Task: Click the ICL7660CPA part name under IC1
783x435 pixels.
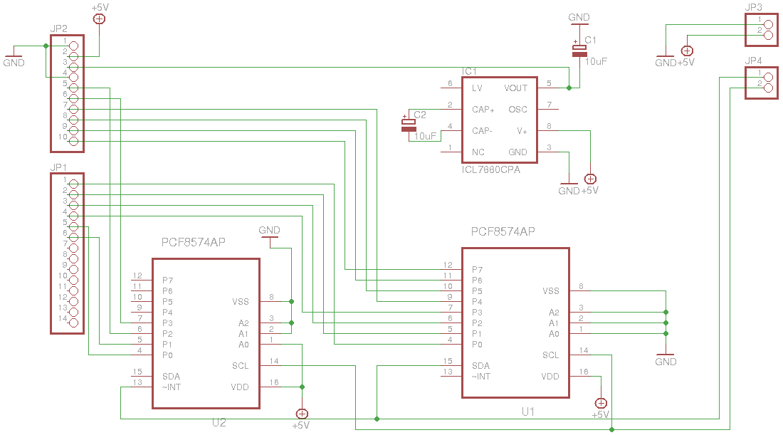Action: [x=491, y=170]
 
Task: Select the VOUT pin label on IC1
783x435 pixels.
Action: [x=515, y=88]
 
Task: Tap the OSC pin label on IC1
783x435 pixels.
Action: [x=517, y=110]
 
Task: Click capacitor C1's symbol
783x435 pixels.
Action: [x=579, y=51]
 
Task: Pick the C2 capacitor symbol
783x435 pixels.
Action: [x=409, y=125]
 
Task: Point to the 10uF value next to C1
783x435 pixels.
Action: [x=596, y=61]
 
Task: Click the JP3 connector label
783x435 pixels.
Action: [x=753, y=7]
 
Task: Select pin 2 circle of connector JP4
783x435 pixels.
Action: [x=769, y=88]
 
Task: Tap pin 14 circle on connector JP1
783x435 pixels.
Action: [x=73, y=323]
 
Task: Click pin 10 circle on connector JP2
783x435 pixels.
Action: [x=73, y=142]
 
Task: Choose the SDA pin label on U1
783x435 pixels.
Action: [x=480, y=365]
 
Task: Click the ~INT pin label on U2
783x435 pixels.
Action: [x=172, y=387]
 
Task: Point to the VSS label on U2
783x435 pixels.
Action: [x=240, y=302]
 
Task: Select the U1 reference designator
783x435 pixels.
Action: [x=528, y=412]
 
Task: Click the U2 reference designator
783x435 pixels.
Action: [x=219, y=422]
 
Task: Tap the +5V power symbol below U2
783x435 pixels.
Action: [x=302, y=414]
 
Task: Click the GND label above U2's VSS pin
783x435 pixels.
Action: [x=269, y=230]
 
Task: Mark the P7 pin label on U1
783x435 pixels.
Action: [x=478, y=270]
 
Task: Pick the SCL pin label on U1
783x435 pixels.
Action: [x=550, y=355]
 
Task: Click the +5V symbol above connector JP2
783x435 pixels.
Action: [x=100, y=19]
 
